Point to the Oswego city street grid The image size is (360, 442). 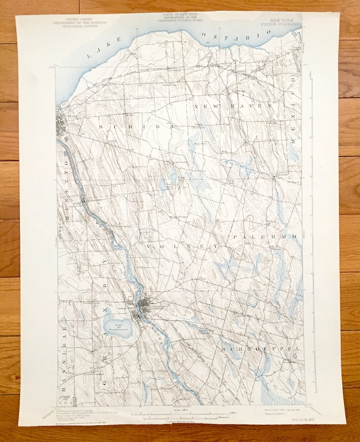pyautogui.click(x=63, y=125)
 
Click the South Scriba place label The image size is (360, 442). pyautogui.click(x=180, y=162)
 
